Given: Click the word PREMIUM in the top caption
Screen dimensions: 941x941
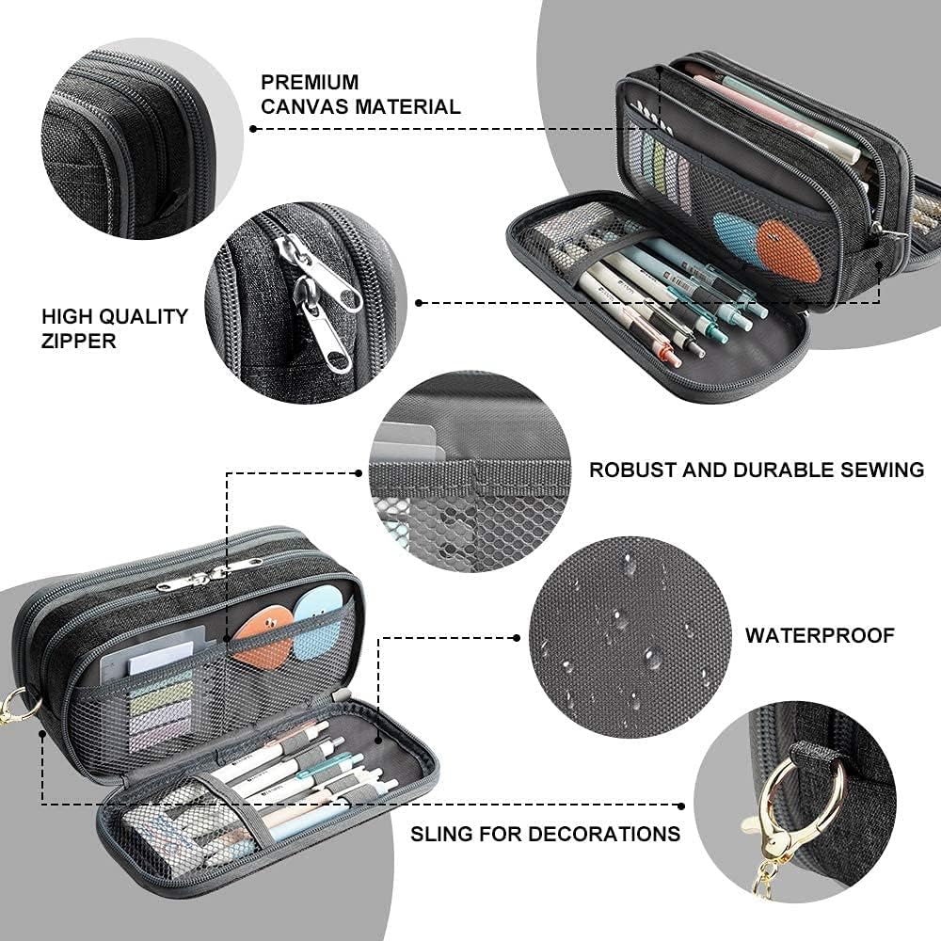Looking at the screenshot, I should point(310,83).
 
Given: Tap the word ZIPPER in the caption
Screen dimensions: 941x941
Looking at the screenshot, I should point(78,341).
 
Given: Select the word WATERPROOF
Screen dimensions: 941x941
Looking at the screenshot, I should point(820,636).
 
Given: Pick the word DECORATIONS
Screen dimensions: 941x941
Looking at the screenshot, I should point(604,834).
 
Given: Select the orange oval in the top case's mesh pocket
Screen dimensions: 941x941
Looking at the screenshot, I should point(789,248).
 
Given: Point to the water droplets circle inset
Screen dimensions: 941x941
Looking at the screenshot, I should point(629,637).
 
